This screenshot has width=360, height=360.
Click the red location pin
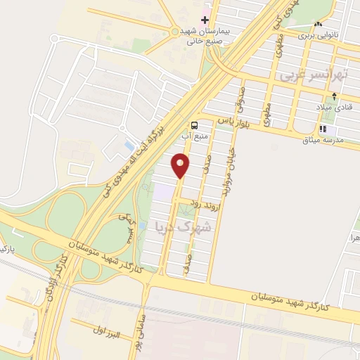(x=181, y=165)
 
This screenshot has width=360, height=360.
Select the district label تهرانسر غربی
(x=307, y=75)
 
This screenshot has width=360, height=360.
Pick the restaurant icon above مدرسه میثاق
(x=323, y=129)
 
